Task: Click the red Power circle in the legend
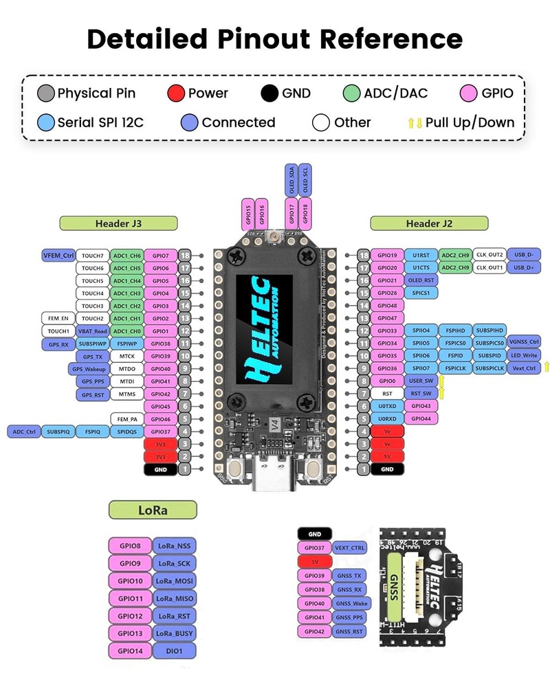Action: (x=177, y=93)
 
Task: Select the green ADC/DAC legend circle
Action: (x=352, y=93)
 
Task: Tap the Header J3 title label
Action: (x=118, y=223)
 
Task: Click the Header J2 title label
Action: (x=429, y=223)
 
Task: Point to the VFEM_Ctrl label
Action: (x=58, y=256)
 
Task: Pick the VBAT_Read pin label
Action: (x=92, y=330)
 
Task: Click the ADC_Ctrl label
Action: (x=23, y=432)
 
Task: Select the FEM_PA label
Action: (x=126, y=419)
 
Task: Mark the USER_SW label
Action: (x=419, y=381)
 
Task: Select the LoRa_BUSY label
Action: (x=174, y=633)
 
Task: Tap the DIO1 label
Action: (x=174, y=651)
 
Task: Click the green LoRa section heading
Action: (x=153, y=510)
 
